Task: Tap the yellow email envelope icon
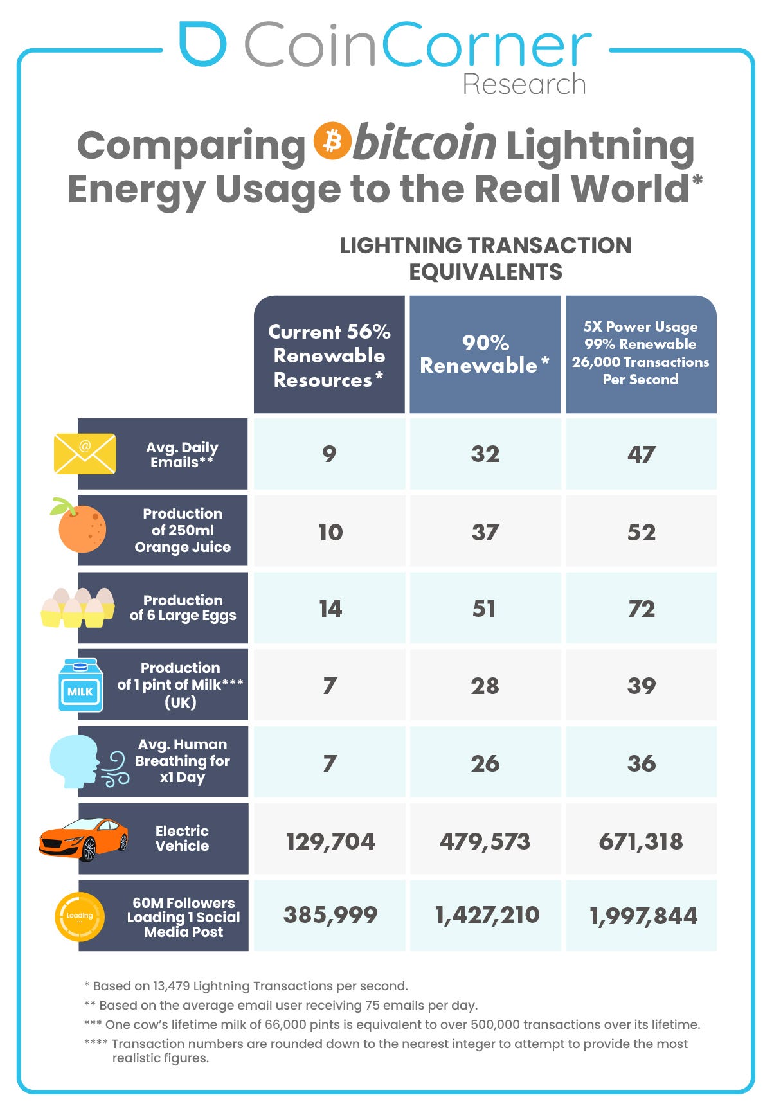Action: click(85, 454)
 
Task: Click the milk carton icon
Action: click(80, 686)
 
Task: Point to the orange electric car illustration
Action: click(84, 839)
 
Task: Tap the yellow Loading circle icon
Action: click(80, 916)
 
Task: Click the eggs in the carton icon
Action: click(78, 607)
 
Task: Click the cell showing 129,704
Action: click(330, 841)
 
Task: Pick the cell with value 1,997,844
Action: click(642, 916)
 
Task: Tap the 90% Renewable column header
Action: click(485, 354)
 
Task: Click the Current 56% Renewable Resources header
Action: click(329, 355)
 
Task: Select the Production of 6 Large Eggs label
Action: click(183, 608)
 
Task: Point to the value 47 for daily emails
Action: click(641, 454)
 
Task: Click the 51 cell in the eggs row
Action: click(485, 609)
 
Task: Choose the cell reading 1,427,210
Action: click(486, 915)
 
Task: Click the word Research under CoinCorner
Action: click(524, 84)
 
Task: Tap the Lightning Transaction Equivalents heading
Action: click(485, 258)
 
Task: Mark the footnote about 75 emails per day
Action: click(281, 1005)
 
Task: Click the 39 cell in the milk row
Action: click(641, 686)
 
